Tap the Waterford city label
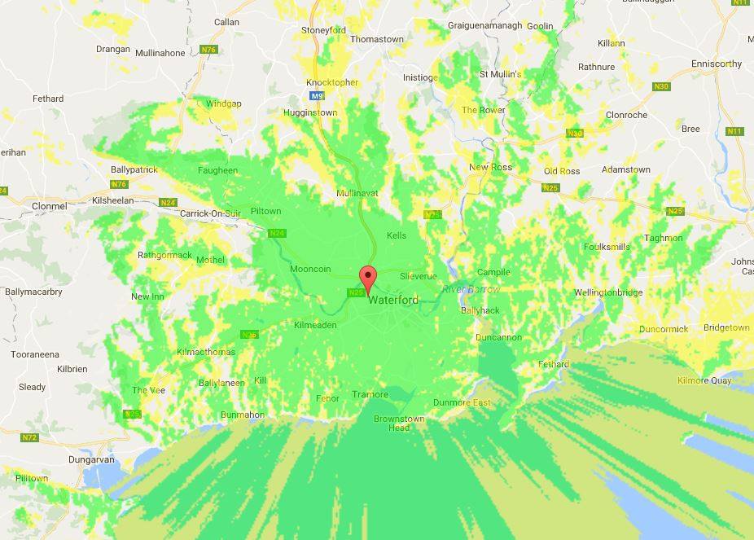pos(393,301)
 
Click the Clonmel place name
pos(49,207)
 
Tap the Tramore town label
pos(370,395)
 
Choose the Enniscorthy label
pos(716,64)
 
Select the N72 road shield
pos(29,437)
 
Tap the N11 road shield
pos(734,131)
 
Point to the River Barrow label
pos(471,290)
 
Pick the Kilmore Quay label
pos(704,380)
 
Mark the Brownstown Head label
pos(399,423)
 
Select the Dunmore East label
pos(462,402)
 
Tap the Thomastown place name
pos(376,39)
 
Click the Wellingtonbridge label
pos(607,292)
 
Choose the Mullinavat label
pos(358,193)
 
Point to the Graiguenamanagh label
pos(484,25)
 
